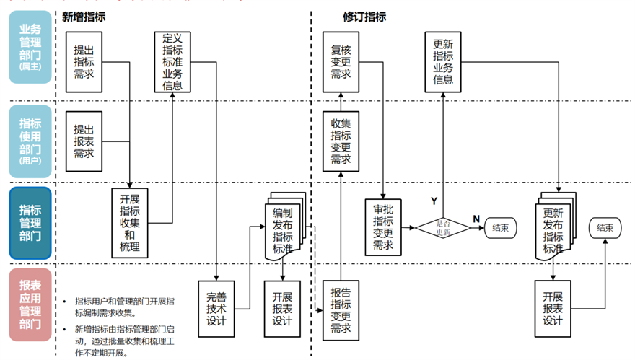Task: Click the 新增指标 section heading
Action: coord(84,17)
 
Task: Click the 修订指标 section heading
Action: coord(364,17)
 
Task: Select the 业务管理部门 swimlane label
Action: coord(30,48)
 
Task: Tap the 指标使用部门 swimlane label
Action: coord(30,141)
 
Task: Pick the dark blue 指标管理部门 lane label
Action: coord(30,223)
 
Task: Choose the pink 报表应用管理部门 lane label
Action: coord(30,304)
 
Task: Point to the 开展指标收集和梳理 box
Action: coord(129,223)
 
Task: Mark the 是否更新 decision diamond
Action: coord(442,227)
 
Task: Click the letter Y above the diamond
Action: coord(434,201)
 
